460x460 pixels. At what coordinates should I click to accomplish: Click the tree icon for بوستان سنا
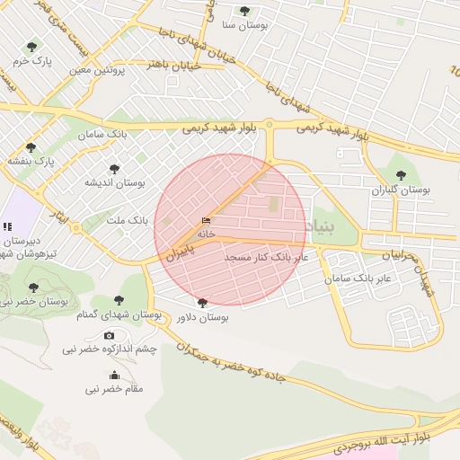(244, 11)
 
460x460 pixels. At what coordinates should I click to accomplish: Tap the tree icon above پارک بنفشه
(31, 147)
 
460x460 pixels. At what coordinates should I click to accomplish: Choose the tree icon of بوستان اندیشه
(114, 168)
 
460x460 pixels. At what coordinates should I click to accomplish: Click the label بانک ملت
(127, 219)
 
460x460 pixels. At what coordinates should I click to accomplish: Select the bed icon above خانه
(207, 221)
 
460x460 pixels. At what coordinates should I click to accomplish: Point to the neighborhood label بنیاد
(320, 226)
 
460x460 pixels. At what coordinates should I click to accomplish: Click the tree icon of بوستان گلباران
(401, 176)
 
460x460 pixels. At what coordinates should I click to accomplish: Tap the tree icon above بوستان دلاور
(201, 303)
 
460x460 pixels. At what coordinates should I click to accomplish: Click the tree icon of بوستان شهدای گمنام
(119, 301)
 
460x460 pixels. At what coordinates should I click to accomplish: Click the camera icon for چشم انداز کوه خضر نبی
(110, 335)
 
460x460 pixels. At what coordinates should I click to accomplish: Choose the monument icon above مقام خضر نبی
(114, 376)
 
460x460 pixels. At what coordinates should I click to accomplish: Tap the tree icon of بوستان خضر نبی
(33, 287)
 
